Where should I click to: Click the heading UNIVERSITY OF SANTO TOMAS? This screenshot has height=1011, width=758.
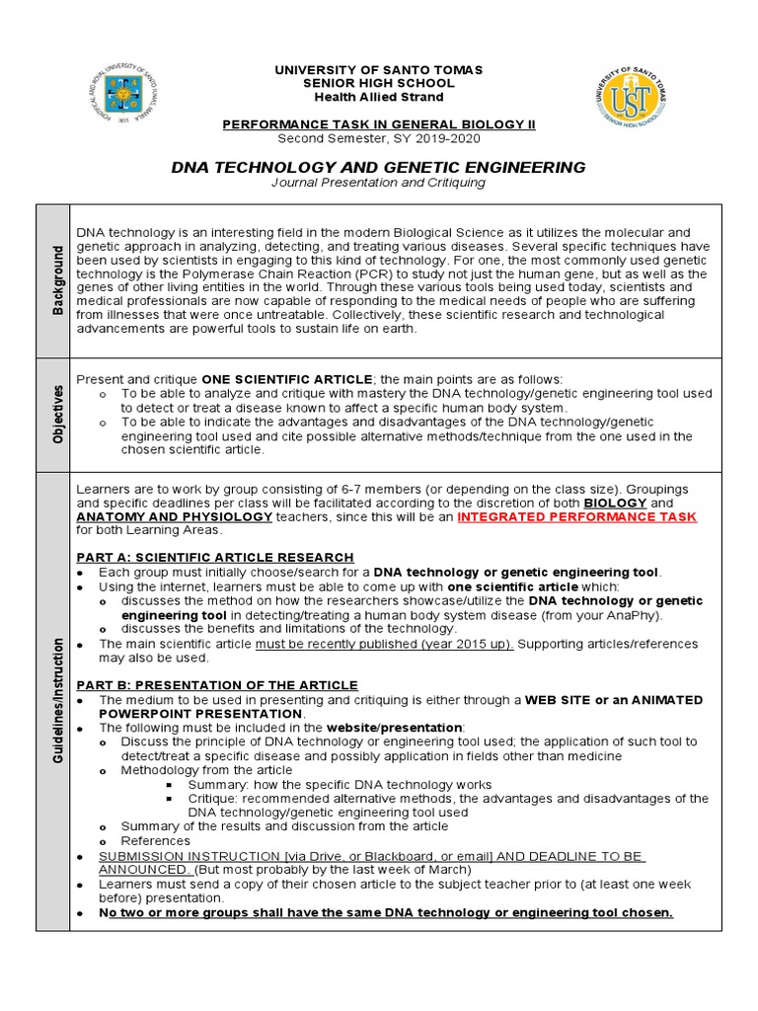coord(378,70)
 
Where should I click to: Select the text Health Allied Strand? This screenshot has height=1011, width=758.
coord(378,97)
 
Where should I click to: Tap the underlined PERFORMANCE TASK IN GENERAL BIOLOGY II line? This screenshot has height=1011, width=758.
coord(378,124)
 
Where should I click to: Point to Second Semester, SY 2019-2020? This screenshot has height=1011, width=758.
coord(378,138)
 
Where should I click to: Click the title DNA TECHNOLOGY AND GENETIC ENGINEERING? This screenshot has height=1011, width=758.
coord(378,167)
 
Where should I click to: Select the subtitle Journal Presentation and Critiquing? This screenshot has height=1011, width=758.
coord(378,183)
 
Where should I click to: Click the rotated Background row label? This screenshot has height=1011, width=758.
coord(55,281)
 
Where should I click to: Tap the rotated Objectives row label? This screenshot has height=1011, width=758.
coord(55,414)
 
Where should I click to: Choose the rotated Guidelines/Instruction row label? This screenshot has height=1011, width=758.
coord(55,701)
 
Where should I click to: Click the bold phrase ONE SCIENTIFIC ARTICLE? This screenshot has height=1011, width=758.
coord(287,379)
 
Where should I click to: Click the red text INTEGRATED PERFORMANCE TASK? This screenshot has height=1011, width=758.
coord(576,516)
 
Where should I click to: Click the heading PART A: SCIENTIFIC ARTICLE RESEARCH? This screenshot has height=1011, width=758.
coord(214,558)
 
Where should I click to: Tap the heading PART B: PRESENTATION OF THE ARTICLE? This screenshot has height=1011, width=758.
coord(217,685)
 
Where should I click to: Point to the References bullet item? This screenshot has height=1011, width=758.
coord(155,840)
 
